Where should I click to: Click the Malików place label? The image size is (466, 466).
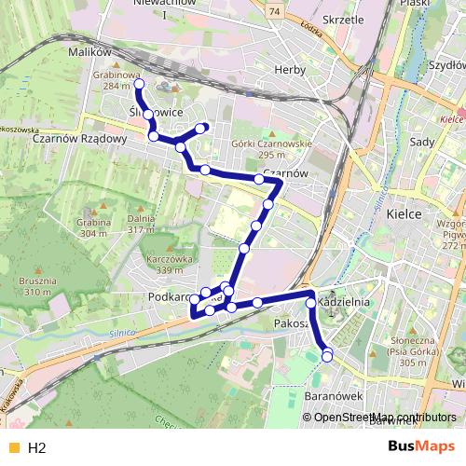[x=90, y=52]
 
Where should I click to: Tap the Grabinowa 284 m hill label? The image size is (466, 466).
[x=116, y=79]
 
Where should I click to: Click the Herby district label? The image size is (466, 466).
[x=292, y=70]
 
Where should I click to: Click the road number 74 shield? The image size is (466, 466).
[x=273, y=10]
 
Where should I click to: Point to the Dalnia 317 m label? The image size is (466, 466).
[x=140, y=224]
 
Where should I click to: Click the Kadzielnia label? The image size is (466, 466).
[x=345, y=303]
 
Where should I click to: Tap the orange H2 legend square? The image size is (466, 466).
[x=12, y=447]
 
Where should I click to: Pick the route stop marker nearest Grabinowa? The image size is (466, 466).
[x=139, y=84]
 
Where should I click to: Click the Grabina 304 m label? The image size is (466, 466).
[x=94, y=228]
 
